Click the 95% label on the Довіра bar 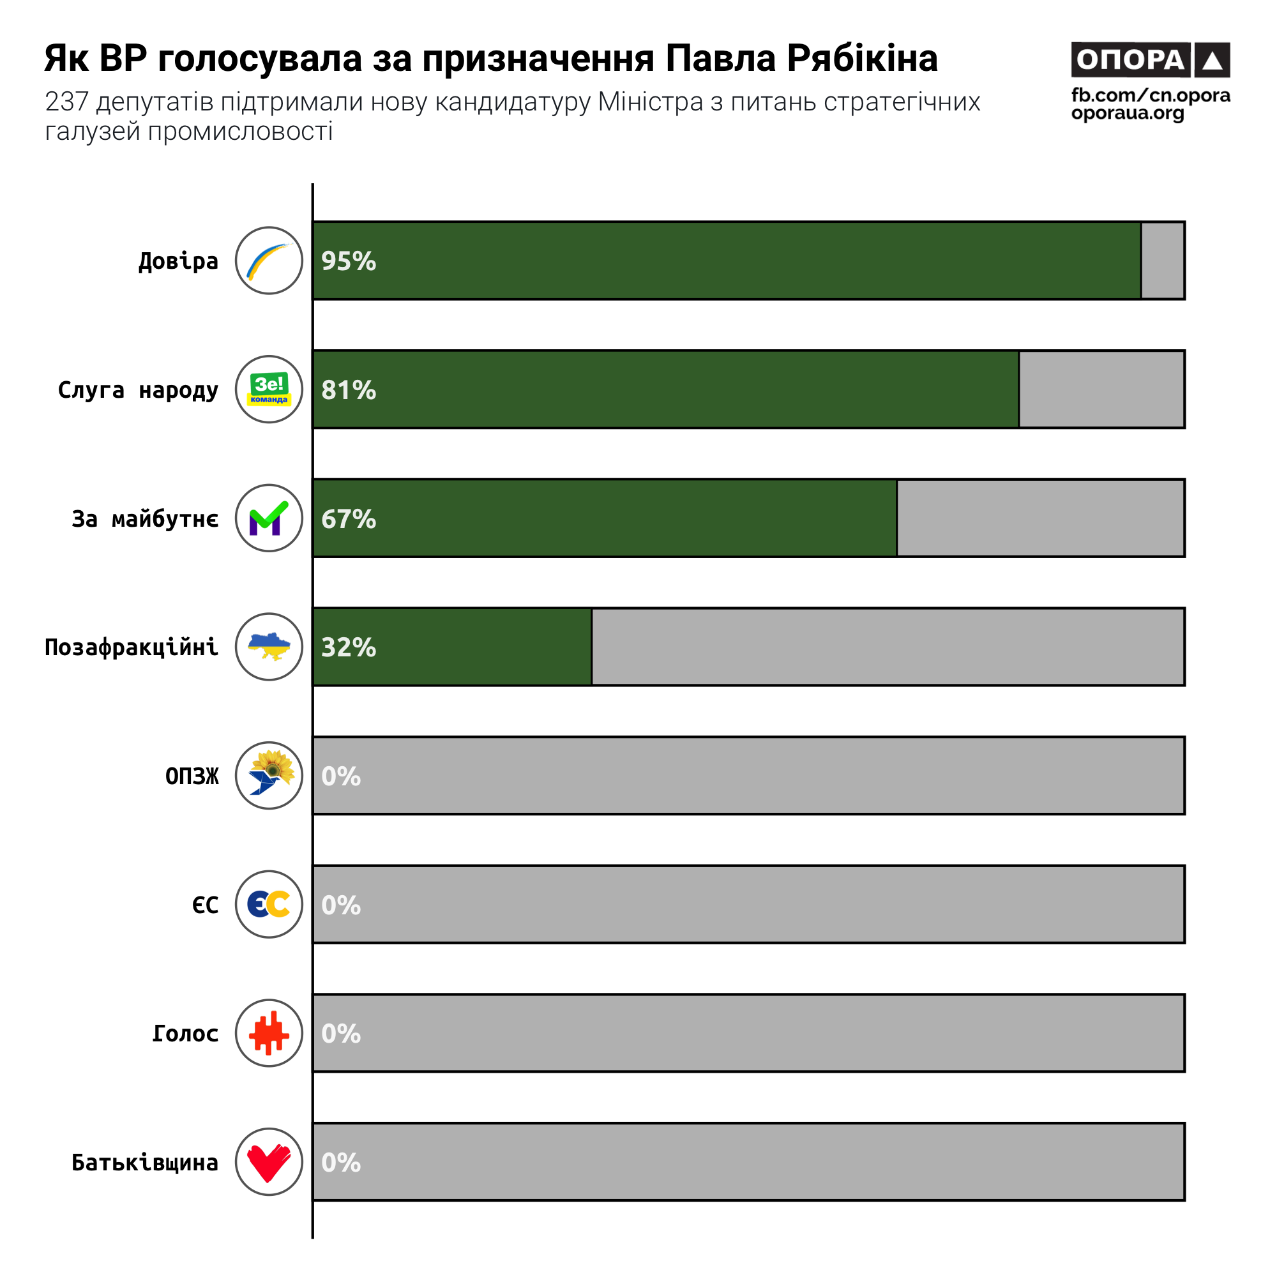[349, 261]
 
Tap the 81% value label [349, 390]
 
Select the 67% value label [349, 519]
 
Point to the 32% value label [349, 647]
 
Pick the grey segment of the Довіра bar [1163, 261]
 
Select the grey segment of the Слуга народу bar [1102, 389]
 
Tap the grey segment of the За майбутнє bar [1040, 518]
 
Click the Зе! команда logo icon [269, 389]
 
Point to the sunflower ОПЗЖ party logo [269, 775]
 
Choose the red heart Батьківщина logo [269, 1162]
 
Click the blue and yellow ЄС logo [269, 904]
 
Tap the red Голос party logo [269, 1033]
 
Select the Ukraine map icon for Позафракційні [269, 646]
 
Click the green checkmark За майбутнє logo [269, 518]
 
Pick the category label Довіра [179, 261]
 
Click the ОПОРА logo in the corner [1150, 59]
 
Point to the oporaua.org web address [1128, 113]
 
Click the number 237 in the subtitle [67, 102]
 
